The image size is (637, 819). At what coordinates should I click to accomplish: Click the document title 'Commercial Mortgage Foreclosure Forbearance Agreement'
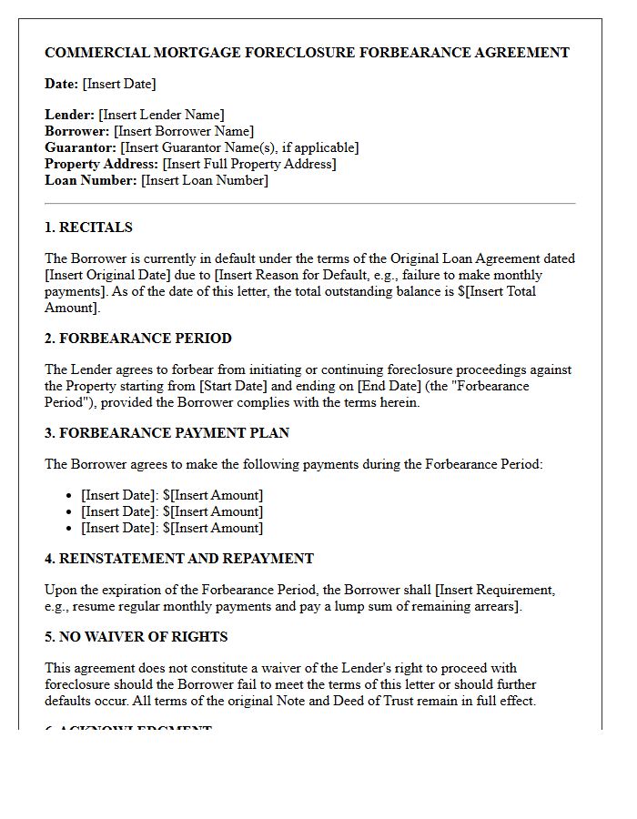pos(307,53)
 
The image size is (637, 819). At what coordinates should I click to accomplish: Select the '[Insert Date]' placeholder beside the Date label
pos(119,84)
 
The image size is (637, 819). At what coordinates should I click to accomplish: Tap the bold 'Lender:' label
pos(69,115)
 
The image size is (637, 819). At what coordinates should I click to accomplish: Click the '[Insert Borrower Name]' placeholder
pos(184,131)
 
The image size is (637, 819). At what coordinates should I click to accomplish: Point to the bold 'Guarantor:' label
pos(80,147)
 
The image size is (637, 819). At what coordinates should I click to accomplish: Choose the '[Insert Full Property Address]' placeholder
pos(248,164)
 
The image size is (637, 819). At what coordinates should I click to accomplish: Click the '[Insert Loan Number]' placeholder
pos(204,180)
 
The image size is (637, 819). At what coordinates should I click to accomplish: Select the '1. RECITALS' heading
pos(88,227)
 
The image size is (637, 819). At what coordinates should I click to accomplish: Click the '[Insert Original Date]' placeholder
pos(104,275)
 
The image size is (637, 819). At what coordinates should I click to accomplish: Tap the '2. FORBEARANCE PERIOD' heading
pos(138,339)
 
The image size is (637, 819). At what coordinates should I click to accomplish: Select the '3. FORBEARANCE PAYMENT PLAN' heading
pos(167,433)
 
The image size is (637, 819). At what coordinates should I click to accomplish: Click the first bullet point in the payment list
pos(171,495)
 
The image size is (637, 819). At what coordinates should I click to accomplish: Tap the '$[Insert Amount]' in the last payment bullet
pos(212,528)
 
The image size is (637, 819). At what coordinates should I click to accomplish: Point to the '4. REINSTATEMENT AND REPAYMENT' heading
pos(179,559)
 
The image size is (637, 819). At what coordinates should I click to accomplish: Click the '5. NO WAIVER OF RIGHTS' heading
pos(136,637)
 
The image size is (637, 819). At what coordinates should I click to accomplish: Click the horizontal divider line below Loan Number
pos(310,204)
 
